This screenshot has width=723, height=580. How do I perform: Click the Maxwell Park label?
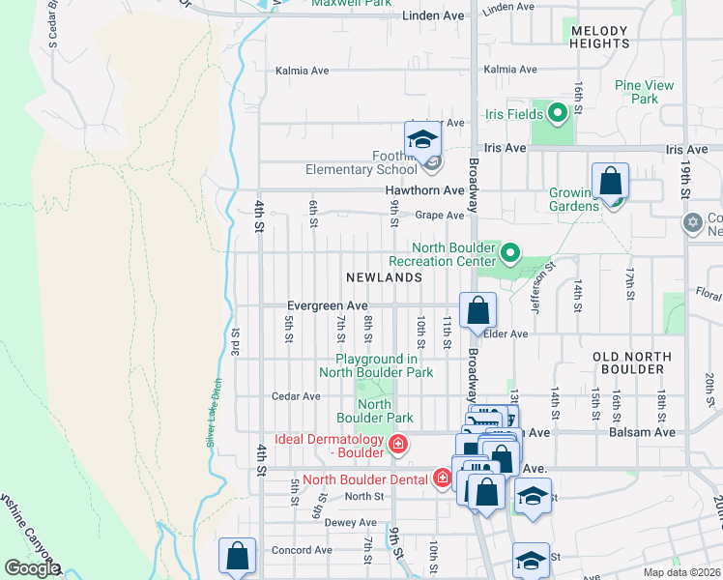tap(351, 4)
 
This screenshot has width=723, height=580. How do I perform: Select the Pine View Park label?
tap(644, 92)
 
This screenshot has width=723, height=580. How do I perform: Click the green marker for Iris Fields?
tap(557, 114)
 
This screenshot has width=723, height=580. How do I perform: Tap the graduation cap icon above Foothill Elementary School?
tap(421, 141)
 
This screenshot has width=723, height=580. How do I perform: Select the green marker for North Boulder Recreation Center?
tap(509, 254)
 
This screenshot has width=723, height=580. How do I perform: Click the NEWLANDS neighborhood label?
tap(385, 277)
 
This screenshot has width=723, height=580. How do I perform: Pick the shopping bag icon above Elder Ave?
tap(477, 311)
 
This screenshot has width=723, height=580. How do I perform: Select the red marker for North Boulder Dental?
tap(442, 478)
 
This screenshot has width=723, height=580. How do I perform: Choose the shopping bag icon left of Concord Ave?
tap(237, 556)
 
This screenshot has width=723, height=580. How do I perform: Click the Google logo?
tap(32, 568)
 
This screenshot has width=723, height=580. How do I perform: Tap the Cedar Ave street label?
tap(296, 396)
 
